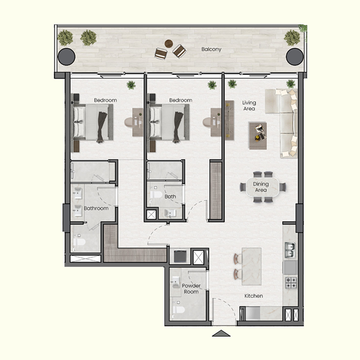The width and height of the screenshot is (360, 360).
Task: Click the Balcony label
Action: [211, 49]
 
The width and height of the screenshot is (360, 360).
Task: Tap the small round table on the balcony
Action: [169, 44]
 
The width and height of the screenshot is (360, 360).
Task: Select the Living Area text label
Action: [249, 105]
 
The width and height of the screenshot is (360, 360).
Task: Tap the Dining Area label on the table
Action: [261, 187]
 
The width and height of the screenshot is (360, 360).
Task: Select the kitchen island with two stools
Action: [251, 266]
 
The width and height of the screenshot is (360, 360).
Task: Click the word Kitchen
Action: [253, 296]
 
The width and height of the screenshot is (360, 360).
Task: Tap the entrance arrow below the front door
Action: [220, 334]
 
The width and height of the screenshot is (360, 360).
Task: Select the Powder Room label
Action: [191, 288]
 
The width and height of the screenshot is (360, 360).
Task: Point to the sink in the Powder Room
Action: [175, 283]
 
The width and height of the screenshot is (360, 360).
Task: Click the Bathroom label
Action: [96, 208]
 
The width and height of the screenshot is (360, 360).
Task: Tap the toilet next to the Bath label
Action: [156, 195]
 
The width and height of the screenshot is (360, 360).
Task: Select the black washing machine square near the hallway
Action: [181, 256]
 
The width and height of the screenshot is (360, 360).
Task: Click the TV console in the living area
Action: [229, 120]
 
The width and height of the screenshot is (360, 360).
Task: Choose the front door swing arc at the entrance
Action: [225, 306]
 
